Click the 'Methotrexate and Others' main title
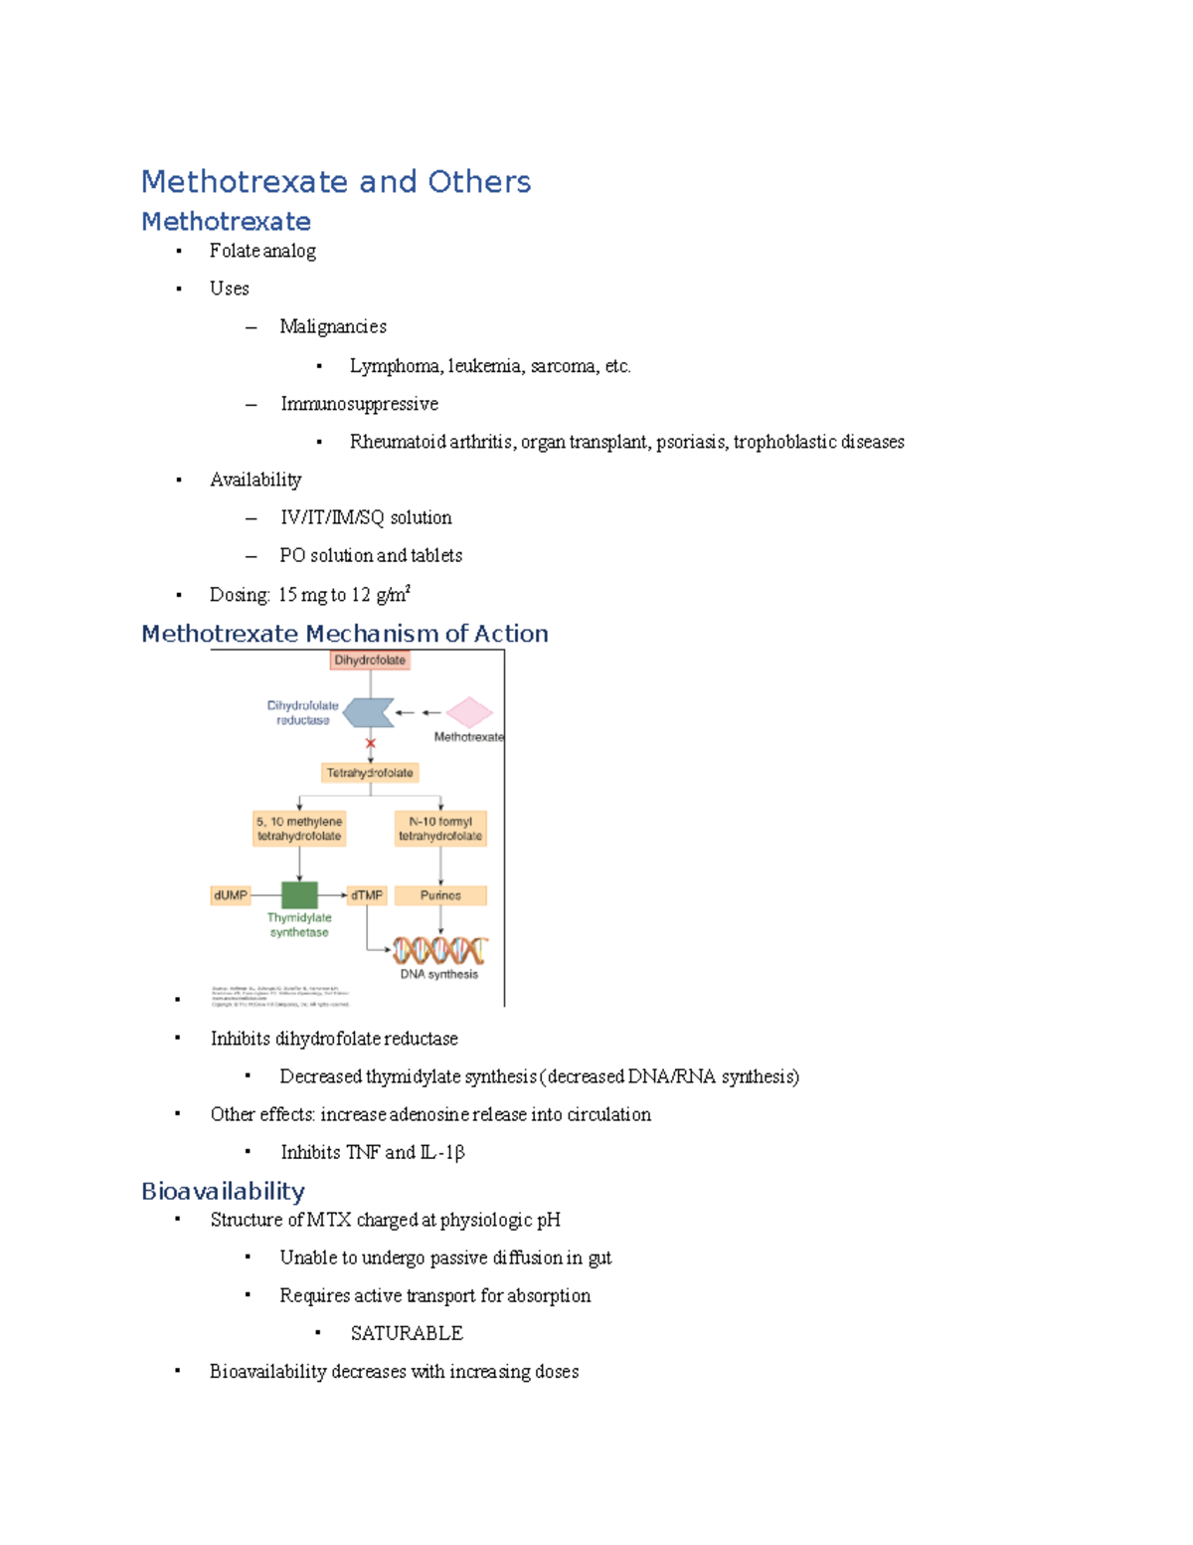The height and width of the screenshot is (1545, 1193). tap(336, 182)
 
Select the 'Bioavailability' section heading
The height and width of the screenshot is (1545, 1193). tap(223, 1191)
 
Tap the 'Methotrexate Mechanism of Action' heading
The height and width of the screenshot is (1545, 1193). tap(344, 634)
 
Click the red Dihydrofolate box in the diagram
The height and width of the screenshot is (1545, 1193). tap(370, 661)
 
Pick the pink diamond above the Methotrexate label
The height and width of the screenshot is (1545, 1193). tap(469, 712)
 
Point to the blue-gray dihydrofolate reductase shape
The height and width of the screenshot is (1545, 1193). tap(369, 712)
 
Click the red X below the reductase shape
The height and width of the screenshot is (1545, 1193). tap(371, 743)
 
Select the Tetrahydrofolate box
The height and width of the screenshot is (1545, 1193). tap(370, 773)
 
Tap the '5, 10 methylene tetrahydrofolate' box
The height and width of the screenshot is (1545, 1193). tap(299, 829)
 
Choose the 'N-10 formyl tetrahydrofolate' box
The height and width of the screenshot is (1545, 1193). tap(440, 829)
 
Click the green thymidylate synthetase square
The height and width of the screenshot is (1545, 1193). tap(299, 895)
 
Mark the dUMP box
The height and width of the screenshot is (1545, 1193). tap(231, 895)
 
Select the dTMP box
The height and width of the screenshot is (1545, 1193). tap(367, 895)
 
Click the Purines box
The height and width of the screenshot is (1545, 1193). tap(440, 895)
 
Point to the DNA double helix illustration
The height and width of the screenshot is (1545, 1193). tap(439, 950)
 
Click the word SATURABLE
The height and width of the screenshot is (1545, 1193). tap(407, 1333)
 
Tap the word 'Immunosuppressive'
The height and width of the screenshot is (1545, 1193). tap(359, 404)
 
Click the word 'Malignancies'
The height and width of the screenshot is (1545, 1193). tap(333, 326)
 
